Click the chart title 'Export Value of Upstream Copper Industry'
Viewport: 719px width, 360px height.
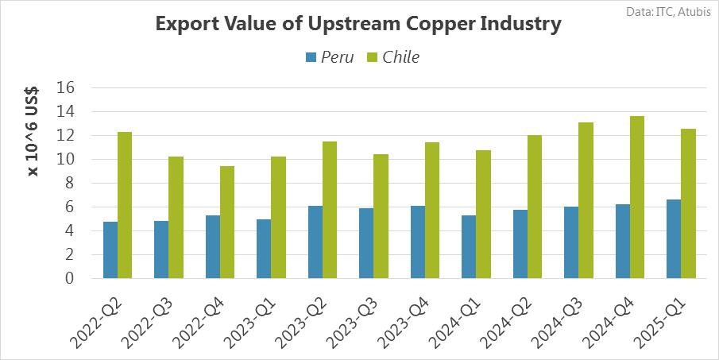[x=358, y=24]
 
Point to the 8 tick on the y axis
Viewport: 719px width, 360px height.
[x=68, y=183]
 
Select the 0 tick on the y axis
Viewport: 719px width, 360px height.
[x=68, y=278]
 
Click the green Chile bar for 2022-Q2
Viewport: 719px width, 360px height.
[x=125, y=205]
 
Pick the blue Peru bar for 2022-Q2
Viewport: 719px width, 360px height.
[x=110, y=250]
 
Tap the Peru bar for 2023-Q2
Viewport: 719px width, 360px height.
[x=315, y=242]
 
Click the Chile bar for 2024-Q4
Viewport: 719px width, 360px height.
[x=636, y=197]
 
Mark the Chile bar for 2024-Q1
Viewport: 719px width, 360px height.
[x=483, y=214]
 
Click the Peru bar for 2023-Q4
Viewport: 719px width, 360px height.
[x=418, y=242]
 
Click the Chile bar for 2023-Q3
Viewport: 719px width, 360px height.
[x=381, y=216]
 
